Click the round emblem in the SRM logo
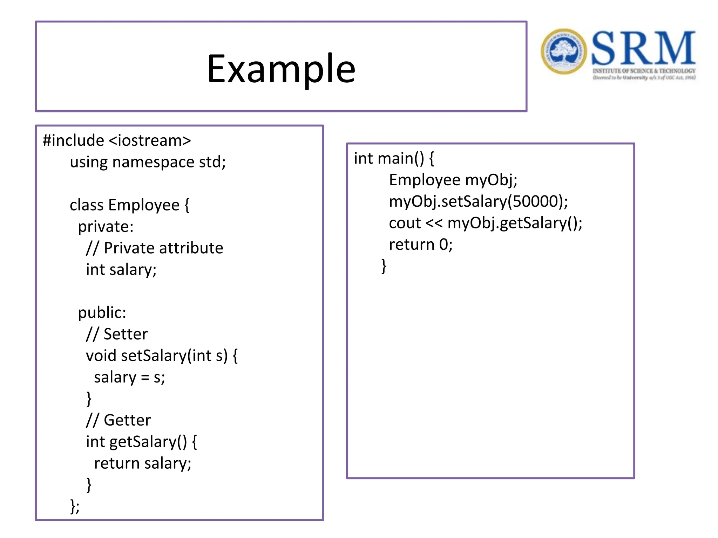coord(563,51)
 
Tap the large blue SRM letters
coord(643,48)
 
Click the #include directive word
coord(74,140)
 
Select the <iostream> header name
coord(150,140)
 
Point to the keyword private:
coord(106,227)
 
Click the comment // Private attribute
coord(155,248)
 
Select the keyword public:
coord(102,312)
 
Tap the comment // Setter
coord(117,334)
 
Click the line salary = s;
coord(129,377)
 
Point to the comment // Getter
coord(118,420)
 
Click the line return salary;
coord(143,463)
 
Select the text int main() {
coord(394,159)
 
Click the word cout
coord(405,223)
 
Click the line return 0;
coord(421,244)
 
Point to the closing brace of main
coord(384,266)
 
